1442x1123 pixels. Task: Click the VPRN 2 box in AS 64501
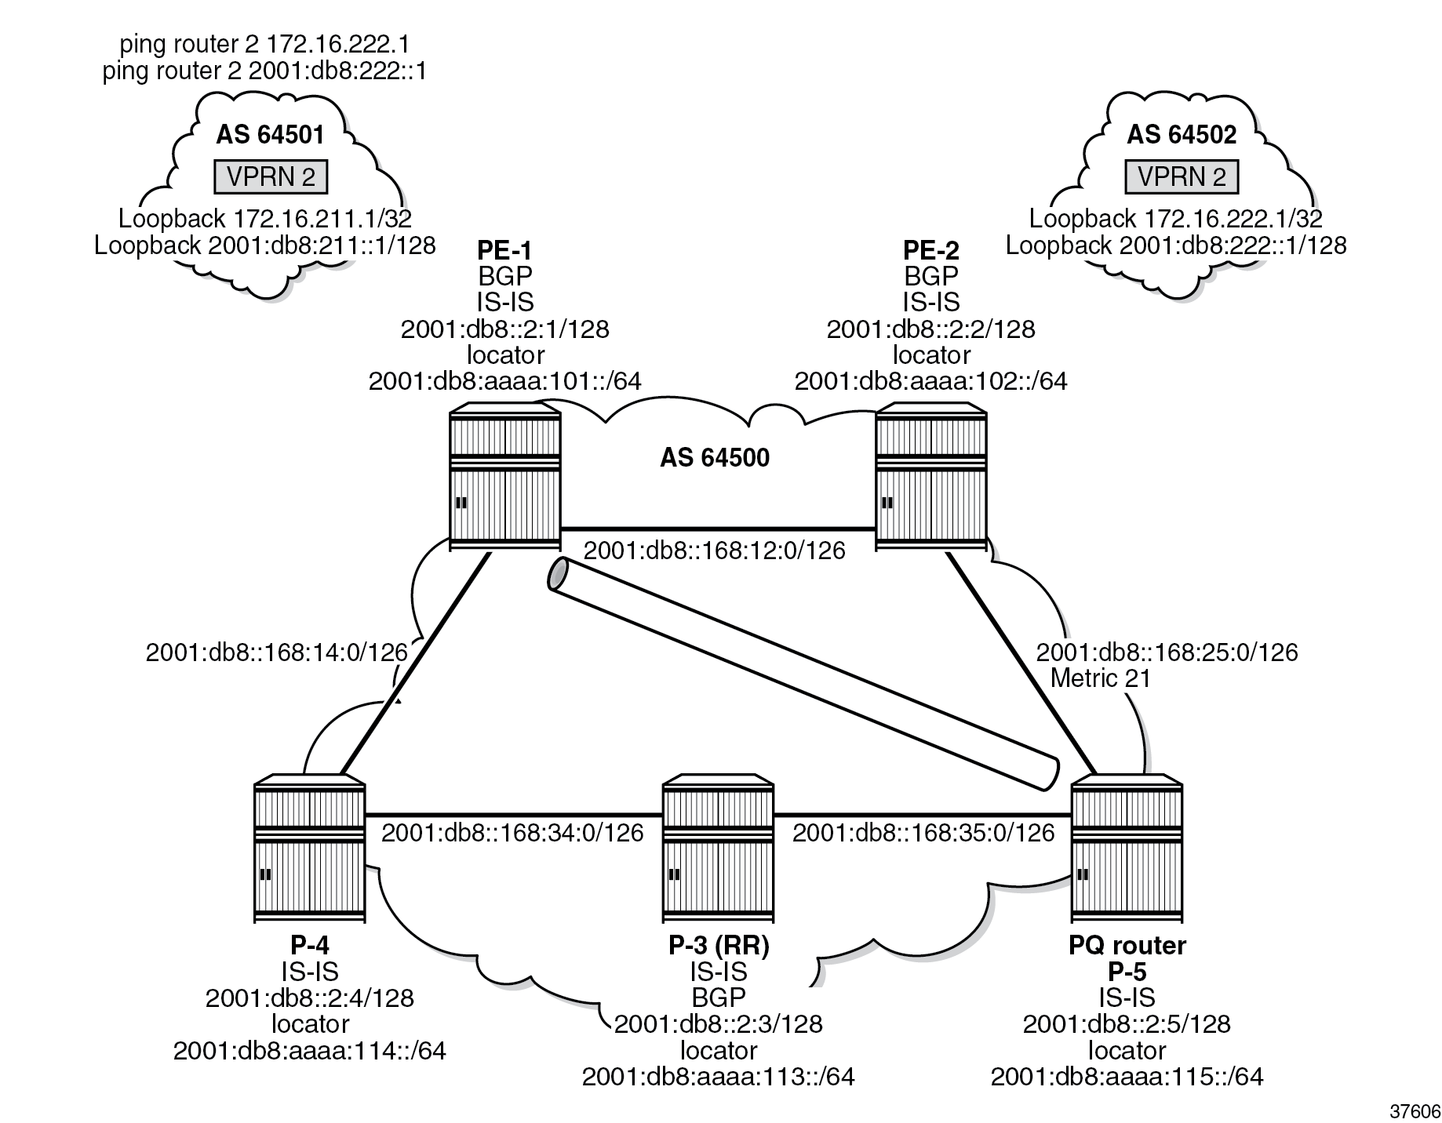point(271,177)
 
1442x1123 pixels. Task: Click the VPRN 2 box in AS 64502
point(1182,177)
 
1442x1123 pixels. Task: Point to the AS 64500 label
point(715,458)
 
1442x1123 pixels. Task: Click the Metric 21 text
point(1100,678)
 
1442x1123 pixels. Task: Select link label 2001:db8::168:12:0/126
point(714,551)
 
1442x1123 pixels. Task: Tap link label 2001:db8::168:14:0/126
point(276,652)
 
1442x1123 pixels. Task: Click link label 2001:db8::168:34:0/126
point(512,833)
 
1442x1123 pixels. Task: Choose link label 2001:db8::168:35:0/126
point(923,833)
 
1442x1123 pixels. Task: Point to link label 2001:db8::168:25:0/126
point(1167,652)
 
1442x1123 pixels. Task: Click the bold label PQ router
point(1127,946)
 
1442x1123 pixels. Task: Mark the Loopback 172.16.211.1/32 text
point(265,219)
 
